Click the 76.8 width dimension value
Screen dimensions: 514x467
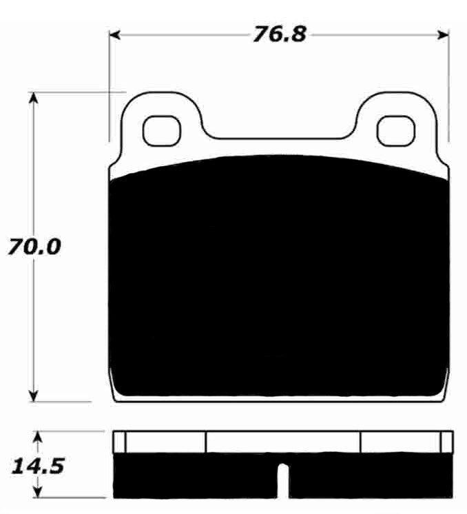[278, 34]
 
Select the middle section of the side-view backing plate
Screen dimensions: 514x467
[283, 442]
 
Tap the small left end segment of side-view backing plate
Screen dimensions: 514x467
[119, 442]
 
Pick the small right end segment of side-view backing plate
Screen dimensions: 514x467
[446, 442]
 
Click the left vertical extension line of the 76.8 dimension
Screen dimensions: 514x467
[110, 83]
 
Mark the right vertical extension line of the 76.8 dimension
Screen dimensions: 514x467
[449, 83]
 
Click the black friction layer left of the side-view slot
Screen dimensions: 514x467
[193, 475]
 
